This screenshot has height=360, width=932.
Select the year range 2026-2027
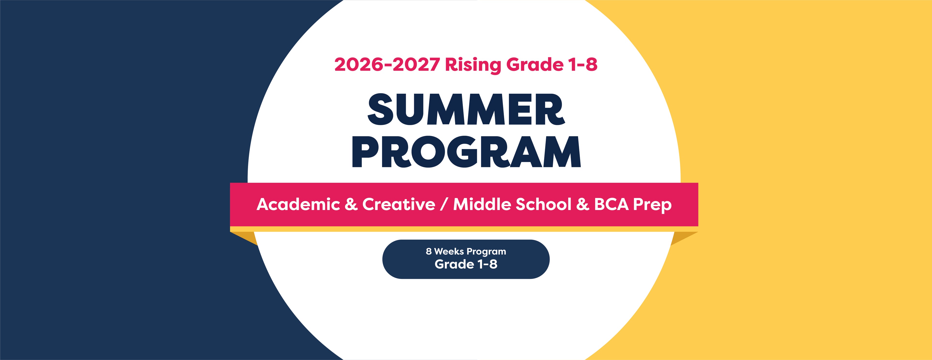coord(387,64)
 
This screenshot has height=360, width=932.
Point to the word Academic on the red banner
coord(298,204)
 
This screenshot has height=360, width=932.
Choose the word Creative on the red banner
coord(399,204)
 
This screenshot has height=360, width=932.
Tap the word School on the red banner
coord(543,204)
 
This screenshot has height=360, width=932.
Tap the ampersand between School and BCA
coord(582,204)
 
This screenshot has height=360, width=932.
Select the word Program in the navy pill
coord(486,252)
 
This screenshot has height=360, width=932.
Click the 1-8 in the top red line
coord(582,64)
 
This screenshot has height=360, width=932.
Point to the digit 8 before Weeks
coord(429,251)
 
